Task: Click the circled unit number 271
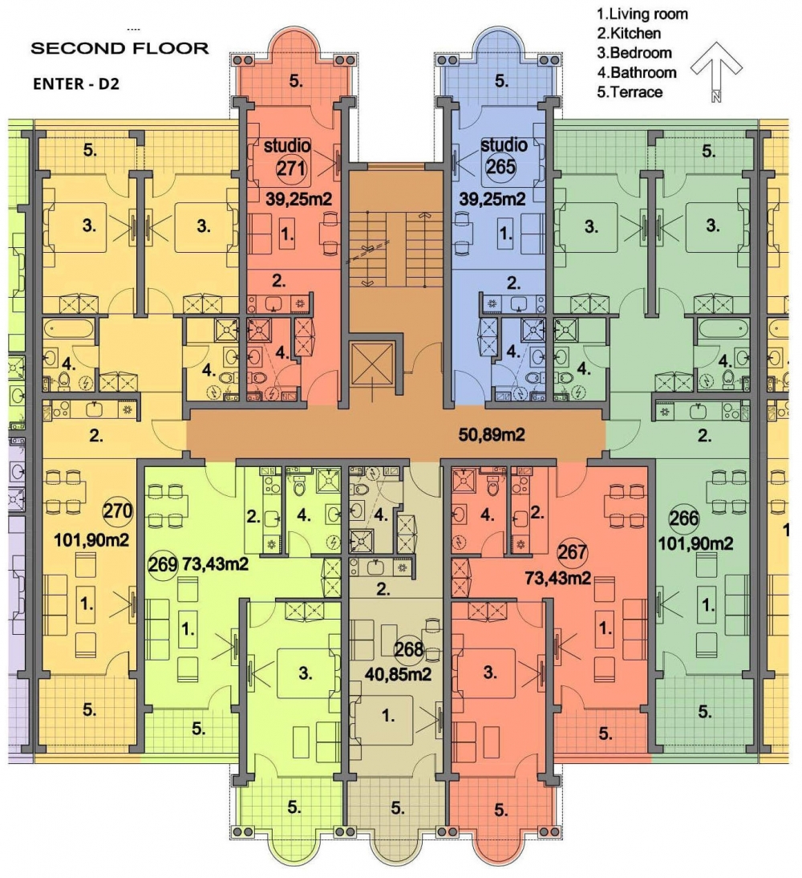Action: [291, 168]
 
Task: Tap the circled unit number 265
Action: [500, 167]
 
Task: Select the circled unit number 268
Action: [409, 649]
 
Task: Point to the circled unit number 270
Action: [118, 510]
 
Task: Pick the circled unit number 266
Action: [684, 518]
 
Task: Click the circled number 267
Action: [572, 553]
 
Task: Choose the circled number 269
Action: [162, 564]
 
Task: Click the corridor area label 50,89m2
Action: [492, 434]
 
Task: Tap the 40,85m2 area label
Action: [398, 674]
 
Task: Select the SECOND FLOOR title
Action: [119, 48]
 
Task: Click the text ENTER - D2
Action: [76, 84]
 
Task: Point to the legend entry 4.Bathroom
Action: [636, 73]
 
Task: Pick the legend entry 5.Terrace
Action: [630, 92]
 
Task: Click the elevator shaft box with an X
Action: [372, 364]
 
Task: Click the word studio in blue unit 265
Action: [504, 145]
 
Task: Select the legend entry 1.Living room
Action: [642, 14]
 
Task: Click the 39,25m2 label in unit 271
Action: [298, 199]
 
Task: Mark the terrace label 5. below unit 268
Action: [398, 808]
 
